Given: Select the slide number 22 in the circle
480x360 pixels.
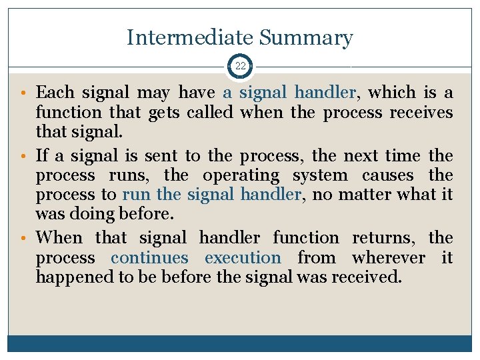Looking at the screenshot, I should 240,66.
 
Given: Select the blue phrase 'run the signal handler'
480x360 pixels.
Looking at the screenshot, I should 211,195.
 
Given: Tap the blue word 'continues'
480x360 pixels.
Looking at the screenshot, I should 150,257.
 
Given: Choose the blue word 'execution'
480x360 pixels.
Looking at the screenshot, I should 243,257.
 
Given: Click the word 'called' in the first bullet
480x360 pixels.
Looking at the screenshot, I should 209,113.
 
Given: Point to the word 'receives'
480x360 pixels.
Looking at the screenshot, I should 421,113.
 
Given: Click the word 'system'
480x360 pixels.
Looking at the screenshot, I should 321,175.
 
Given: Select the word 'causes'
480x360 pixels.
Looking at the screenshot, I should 389,175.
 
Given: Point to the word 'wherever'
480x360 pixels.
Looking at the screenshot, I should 389,257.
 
